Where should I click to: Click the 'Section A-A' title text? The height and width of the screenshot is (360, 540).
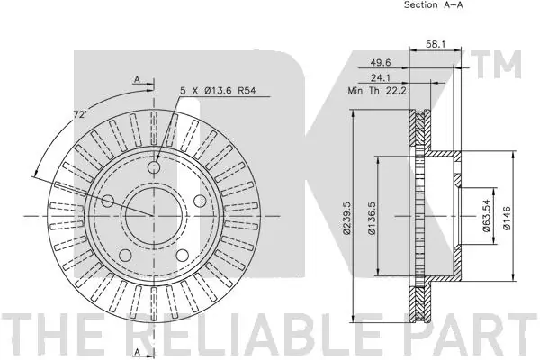(433, 4)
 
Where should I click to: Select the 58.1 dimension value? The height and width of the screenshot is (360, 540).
(436, 44)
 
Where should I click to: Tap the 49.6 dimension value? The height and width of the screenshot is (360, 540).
(381, 62)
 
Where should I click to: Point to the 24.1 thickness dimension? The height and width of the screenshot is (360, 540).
(381, 78)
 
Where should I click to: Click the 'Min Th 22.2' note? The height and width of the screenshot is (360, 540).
(377, 91)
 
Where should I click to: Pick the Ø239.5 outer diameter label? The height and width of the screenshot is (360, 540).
(346, 218)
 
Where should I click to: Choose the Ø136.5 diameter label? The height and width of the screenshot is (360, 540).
(371, 218)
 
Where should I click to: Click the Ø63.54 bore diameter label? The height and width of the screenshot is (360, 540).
(487, 216)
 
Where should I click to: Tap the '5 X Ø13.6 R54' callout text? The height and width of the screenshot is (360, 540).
(218, 91)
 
